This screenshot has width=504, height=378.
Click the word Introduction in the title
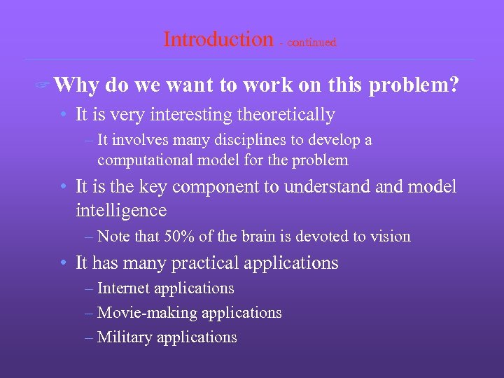[x=218, y=39]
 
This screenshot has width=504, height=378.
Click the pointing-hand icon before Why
[x=43, y=87]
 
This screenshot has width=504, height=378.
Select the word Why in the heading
[x=76, y=85]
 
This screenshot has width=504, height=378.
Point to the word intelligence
[x=120, y=211]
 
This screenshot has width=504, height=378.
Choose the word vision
[x=390, y=237]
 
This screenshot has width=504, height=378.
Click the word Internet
[x=124, y=288]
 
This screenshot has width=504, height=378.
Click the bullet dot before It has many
[x=63, y=264]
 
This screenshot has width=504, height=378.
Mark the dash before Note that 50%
[x=88, y=237]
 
